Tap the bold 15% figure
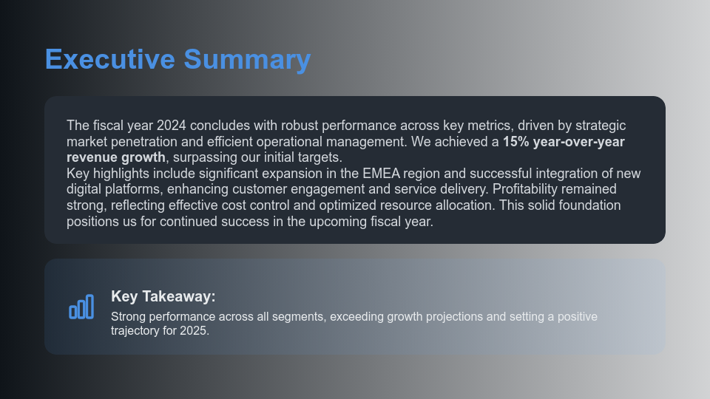(x=515, y=142)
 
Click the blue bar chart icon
(x=81, y=307)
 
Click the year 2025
(x=194, y=331)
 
